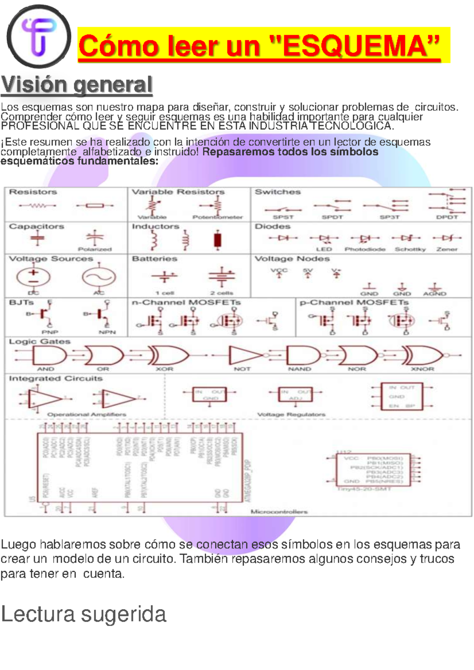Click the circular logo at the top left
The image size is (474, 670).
pos(38,36)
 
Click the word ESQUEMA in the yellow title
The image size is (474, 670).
pos(361,46)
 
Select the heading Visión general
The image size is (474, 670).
pos(77,85)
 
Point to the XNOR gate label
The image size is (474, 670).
pos(422,369)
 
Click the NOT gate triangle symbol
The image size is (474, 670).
pos(243,355)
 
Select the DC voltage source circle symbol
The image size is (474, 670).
pos(34,277)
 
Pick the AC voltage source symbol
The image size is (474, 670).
pos(99,277)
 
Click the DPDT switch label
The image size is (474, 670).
pos(447,217)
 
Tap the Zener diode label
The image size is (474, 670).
pos(447,249)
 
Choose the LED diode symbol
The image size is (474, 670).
pos(324,238)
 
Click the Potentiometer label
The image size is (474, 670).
pos(218,217)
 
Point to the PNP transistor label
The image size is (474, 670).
pos(50,332)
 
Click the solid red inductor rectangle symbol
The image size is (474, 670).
pos(217,240)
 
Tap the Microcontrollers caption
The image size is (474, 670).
pos(279,512)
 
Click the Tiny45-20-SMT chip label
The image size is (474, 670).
pos(364,489)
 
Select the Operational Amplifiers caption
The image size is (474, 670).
pos(87,414)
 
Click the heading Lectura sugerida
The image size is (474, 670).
pos(84,614)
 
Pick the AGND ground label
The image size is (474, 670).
pos(434,294)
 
